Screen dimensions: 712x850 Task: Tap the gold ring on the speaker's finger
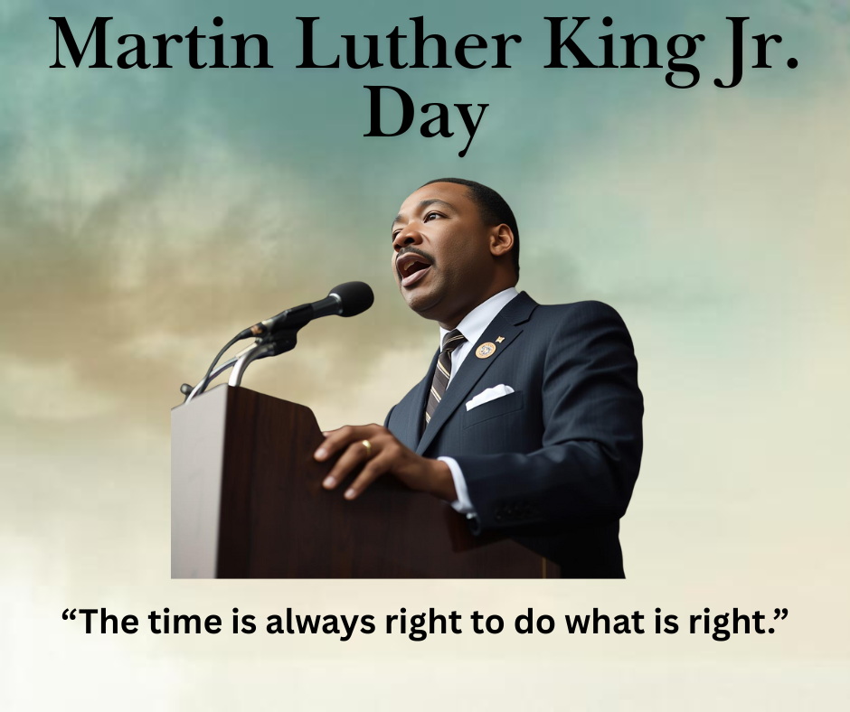367,446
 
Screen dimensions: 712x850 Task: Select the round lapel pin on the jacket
486,349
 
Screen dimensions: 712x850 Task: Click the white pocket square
489,396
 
